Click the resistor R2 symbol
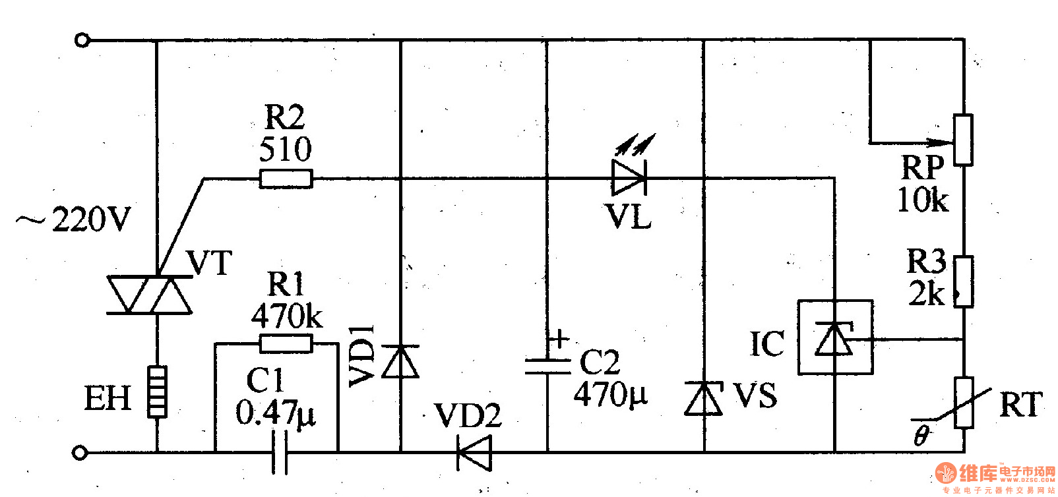click(x=285, y=179)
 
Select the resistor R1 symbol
click(x=285, y=343)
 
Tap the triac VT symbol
click(x=150, y=295)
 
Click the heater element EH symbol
click(x=157, y=392)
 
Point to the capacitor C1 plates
click(x=280, y=452)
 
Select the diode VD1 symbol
click(x=400, y=361)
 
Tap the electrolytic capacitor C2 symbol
click(x=547, y=366)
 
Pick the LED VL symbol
click(x=629, y=177)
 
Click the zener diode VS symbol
click(x=703, y=398)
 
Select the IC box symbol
click(x=835, y=337)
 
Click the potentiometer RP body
click(x=963, y=140)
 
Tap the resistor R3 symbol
click(x=963, y=282)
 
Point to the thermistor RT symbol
click(x=963, y=403)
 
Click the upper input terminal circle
click(x=82, y=40)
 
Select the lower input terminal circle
click(x=80, y=453)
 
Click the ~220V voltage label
click(x=74, y=219)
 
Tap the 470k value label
click(x=286, y=317)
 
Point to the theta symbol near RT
click(x=921, y=435)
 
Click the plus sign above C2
click(x=559, y=339)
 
